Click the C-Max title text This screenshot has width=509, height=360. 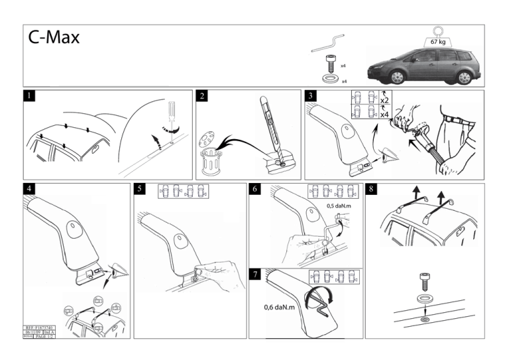(54, 38)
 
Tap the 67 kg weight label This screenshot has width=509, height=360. (437, 42)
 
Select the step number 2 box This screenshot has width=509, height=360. (202, 96)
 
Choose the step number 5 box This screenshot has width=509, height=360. (140, 189)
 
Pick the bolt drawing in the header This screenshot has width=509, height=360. (329, 65)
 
